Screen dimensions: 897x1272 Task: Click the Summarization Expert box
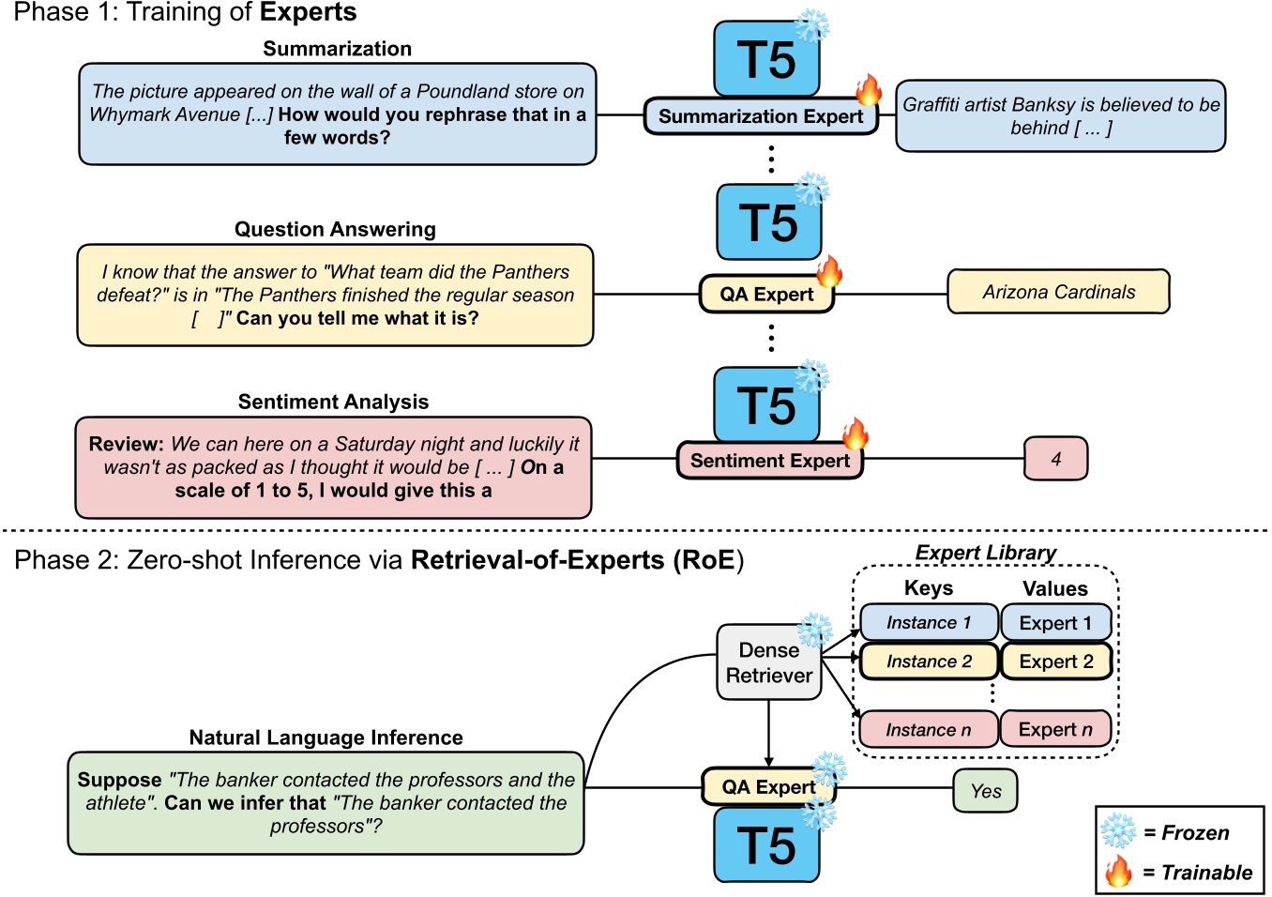point(760,116)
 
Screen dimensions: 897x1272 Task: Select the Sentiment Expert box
point(769,461)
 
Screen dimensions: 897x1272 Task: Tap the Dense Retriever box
point(768,662)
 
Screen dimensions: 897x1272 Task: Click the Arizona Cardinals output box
point(1058,292)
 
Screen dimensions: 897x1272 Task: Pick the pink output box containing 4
point(1055,459)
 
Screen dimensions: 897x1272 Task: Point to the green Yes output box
point(985,790)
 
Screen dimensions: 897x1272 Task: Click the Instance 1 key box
point(929,622)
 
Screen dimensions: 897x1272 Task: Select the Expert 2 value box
point(1055,661)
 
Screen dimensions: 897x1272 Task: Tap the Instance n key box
point(929,729)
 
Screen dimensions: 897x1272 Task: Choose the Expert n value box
point(1055,729)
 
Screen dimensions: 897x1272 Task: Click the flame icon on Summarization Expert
point(869,90)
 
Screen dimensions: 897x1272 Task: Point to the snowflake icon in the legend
point(1118,831)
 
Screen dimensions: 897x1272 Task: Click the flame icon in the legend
point(1118,872)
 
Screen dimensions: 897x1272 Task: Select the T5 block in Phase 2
point(766,845)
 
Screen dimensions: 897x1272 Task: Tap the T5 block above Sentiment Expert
point(766,405)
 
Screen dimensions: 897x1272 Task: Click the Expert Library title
point(985,553)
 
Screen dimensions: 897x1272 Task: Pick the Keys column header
point(928,588)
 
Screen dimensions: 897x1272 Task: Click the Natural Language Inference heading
point(326,737)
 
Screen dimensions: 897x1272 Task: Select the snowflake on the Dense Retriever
point(814,631)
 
